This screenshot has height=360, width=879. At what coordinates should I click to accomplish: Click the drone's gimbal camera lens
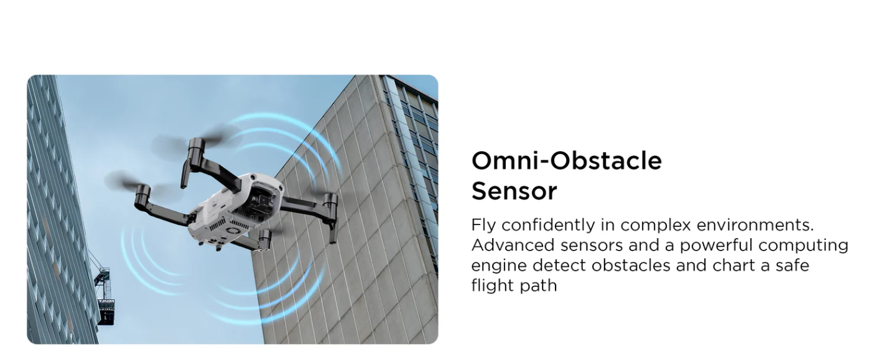point(264,201)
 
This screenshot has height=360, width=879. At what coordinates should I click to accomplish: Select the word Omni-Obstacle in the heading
point(567,161)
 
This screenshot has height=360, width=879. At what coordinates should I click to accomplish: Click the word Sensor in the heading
point(514,191)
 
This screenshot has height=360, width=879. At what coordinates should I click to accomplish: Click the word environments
point(755,225)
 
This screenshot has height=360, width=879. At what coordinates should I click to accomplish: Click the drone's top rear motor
point(197,148)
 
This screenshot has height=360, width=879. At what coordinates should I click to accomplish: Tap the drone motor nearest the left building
point(142,196)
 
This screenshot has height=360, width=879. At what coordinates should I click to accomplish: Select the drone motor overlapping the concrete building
point(330,201)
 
